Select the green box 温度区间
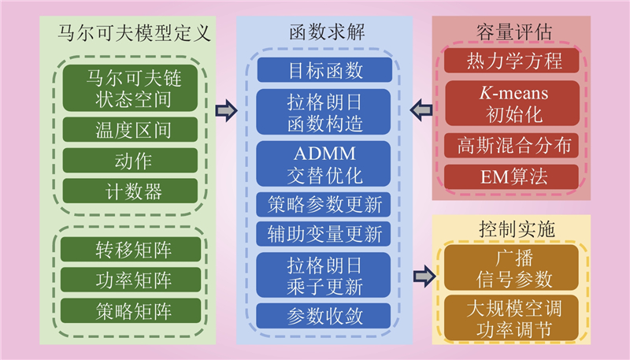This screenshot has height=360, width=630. [x=128, y=129]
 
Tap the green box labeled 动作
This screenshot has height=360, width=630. [x=128, y=160]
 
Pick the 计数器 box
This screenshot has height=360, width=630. [x=128, y=190]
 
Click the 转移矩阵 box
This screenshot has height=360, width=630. [x=128, y=250]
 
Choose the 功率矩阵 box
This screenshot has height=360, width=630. [x=128, y=279]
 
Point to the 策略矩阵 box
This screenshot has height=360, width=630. [x=128, y=309]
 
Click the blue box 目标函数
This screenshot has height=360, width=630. [x=325, y=69]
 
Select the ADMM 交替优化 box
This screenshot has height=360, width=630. [x=325, y=165]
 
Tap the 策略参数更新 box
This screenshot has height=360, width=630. [x=325, y=205]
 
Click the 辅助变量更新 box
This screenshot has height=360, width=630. [x=325, y=234]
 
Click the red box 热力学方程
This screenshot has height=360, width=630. [x=512, y=61]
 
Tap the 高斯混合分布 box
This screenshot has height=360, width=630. [x=512, y=145]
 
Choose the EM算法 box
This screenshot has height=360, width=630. [x=512, y=176]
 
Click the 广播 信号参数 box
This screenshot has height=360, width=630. [x=512, y=268]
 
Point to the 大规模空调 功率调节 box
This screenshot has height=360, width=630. [x=512, y=315]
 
